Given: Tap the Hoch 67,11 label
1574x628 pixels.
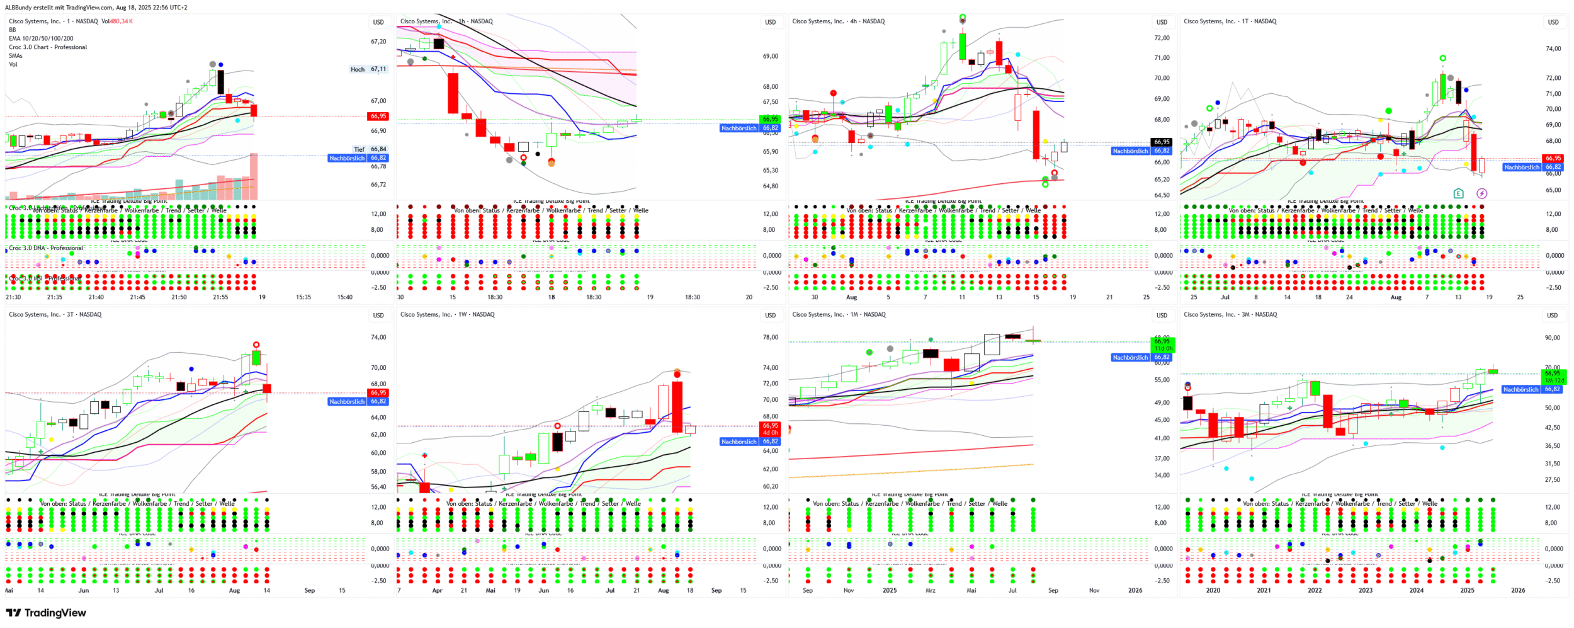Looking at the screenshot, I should click(x=369, y=69).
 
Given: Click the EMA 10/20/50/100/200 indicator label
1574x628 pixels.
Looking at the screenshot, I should click(x=41, y=38).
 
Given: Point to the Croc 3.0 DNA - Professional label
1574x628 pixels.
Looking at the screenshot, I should click(x=46, y=248).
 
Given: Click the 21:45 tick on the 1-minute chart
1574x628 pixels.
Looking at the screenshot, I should click(x=137, y=297).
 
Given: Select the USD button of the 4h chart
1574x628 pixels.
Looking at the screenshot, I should click(x=1162, y=22).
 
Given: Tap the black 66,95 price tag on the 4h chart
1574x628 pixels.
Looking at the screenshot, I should click(x=1162, y=142).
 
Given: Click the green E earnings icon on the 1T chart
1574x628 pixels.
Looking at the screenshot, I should click(x=1458, y=193).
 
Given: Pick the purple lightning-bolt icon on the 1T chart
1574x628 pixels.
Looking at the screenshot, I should click(x=1481, y=193).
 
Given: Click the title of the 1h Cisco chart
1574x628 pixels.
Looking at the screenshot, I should click(x=446, y=21).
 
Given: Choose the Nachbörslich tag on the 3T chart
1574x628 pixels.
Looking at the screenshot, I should click(x=347, y=402).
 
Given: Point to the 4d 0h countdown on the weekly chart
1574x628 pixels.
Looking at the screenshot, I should click(x=771, y=433).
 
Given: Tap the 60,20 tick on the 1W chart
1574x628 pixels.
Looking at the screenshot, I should click(x=771, y=486).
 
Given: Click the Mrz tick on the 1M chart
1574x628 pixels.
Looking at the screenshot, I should click(x=930, y=591).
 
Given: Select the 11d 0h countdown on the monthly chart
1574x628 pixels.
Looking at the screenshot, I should click(x=1162, y=348).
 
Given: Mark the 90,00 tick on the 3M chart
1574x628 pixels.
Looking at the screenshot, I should click(x=1552, y=338).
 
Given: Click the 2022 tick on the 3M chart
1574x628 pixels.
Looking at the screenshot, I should click(x=1315, y=591).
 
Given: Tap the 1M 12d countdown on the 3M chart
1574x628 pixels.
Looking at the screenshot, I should click(x=1553, y=380).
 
